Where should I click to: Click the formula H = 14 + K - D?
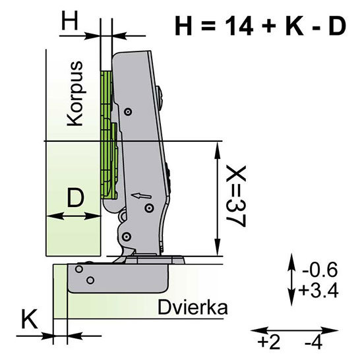click(x=260, y=25)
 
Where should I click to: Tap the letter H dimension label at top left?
click(x=70, y=21)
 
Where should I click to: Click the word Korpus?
click(x=75, y=94)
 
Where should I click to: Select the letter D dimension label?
click(x=76, y=197)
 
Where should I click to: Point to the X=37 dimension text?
click(x=236, y=196)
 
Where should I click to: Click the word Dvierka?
click(x=193, y=307)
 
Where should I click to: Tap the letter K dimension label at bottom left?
click(x=29, y=319)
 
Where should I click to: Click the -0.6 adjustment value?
click(x=320, y=270)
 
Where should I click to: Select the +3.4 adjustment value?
click(x=318, y=290)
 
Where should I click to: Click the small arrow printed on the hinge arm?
click(x=141, y=196)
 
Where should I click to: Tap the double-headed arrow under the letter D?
click(x=74, y=216)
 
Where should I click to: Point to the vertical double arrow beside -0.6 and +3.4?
click(x=291, y=280)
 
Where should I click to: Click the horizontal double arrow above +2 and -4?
click(x=294, y=331)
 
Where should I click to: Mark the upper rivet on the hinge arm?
click(x=128, y=112)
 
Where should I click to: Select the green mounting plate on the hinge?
click(x=109, y=135)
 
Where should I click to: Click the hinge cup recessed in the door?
click(x=118, y=278)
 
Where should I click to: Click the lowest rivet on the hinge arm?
click(x=126, y=236)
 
